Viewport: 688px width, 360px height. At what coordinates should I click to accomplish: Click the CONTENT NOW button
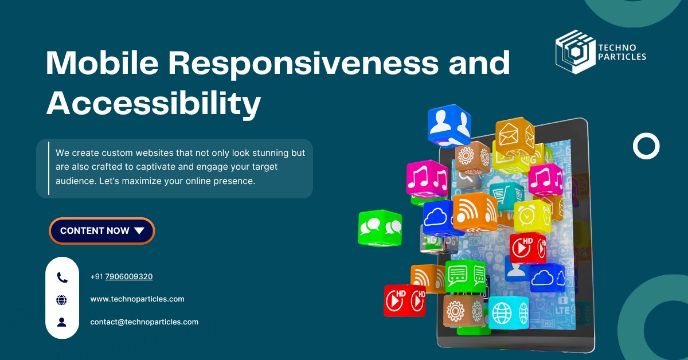pos(101,230)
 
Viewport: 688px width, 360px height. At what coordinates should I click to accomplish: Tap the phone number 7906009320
pos(128,276)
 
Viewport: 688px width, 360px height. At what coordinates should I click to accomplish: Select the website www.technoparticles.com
pos(137,299)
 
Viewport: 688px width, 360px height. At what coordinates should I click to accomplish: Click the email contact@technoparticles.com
pos(144,322)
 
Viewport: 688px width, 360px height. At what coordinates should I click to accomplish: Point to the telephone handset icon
pos(62,277)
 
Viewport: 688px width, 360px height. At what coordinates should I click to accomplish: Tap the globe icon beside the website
pos(62,300)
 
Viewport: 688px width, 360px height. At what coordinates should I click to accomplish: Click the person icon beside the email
pos(62,322)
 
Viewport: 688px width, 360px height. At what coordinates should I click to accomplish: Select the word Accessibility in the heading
pos(154,104)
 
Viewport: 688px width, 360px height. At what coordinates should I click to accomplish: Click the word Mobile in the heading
pos(102,62)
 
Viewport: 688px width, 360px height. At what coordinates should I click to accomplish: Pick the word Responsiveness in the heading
pos(303,64)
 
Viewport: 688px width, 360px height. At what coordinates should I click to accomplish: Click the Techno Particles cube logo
pos(575,52)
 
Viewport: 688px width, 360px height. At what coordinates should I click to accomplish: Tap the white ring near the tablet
pos(646,146)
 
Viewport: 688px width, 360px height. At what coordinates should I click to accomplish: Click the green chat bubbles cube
pos(380,228)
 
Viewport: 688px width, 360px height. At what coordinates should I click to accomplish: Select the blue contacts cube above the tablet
pos(449,126)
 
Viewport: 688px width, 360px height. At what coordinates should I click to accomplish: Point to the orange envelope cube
pos(515,135)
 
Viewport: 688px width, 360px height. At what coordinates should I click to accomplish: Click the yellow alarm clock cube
pos(532,216)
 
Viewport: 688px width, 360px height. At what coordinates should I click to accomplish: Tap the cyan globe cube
pos(509,312)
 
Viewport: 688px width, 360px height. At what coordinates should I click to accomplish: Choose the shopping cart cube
pos(507,195)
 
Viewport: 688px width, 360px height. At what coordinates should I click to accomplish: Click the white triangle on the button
pos(139,230)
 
